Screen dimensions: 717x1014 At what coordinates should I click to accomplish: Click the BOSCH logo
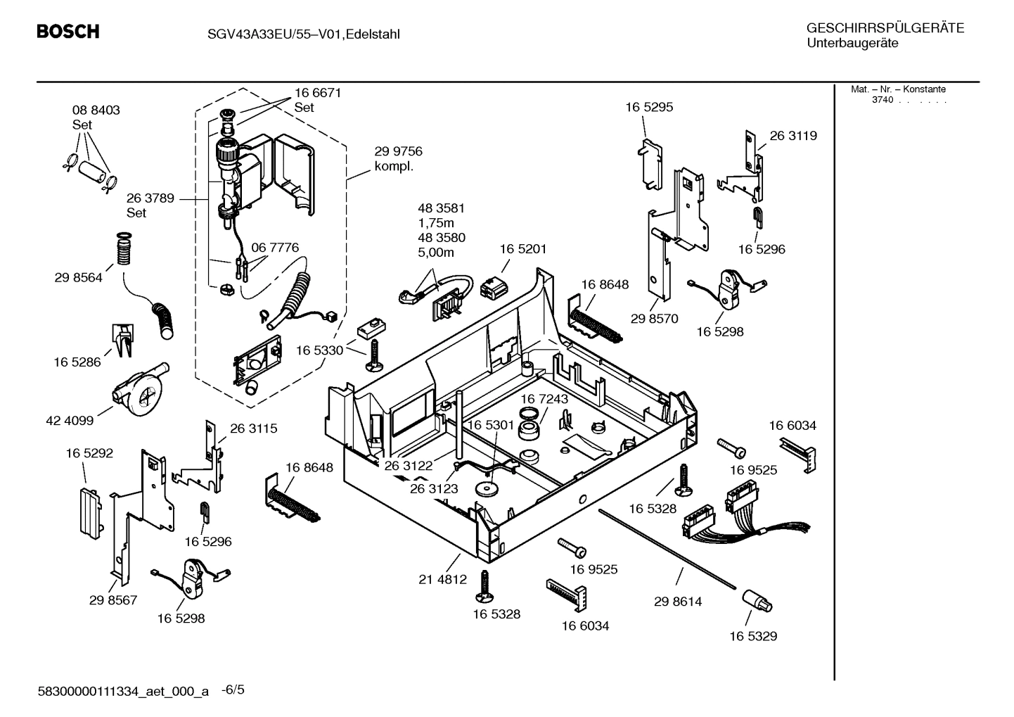click(68, 32)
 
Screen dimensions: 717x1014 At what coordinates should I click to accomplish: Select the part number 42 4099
click(70, 421)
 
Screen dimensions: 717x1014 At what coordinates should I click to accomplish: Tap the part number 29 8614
click(677, 602)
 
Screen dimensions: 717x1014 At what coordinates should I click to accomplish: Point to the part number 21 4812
click(442, 579)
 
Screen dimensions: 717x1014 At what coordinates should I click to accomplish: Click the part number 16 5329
click(752, 636)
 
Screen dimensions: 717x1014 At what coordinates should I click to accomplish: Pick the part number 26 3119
click(793, 136)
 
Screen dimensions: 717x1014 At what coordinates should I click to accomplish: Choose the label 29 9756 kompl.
click(398, 159)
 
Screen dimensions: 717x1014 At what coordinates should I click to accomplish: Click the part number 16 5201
click(522, 249)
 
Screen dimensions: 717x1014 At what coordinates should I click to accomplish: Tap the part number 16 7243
click(544, 399)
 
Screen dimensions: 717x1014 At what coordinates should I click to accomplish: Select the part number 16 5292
click(89, 454)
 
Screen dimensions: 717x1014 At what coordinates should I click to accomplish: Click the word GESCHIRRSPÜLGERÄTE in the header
click(885, 28)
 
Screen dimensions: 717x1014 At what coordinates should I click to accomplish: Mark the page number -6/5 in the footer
click(233, 690)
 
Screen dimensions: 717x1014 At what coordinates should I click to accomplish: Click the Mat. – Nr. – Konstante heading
click(898, 89)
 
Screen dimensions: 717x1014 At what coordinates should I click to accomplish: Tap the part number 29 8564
click(78, 278)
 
